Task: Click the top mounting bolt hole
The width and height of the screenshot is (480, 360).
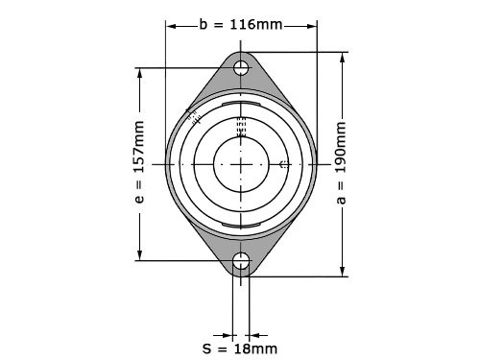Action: click(x=241, y=68)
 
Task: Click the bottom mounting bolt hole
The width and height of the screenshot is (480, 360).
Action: click(x=241, y=261)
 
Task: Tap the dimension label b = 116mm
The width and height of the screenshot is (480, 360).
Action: click(x=241, y=25)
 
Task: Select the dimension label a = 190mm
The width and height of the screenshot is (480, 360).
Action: click(x=342, y=162)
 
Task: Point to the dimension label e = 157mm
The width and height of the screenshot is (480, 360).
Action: click(x=139, y=162)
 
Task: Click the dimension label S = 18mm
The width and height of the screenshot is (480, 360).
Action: click(x=240, y=348)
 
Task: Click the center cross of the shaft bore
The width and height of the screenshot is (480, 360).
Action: click(x=241, y=164)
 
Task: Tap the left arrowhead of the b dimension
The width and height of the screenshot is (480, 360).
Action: click(x=172, y=26)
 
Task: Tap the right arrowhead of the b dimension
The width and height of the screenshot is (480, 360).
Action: click(x=311, y=26)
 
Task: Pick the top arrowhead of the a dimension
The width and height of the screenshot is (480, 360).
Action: click(x=343, y=58)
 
